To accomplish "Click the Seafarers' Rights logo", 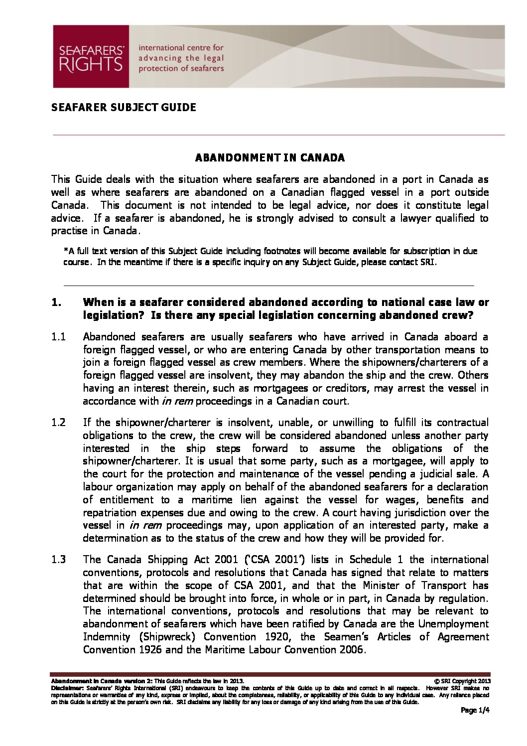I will click(91, 57).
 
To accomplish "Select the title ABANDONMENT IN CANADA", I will click(269, 158).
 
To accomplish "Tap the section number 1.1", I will click(59, 337).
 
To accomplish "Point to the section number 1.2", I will click(59, 423).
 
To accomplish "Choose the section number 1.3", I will click(59, 559).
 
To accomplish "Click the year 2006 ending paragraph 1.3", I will click(352, 650).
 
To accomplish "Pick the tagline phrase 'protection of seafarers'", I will click(181, 68).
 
